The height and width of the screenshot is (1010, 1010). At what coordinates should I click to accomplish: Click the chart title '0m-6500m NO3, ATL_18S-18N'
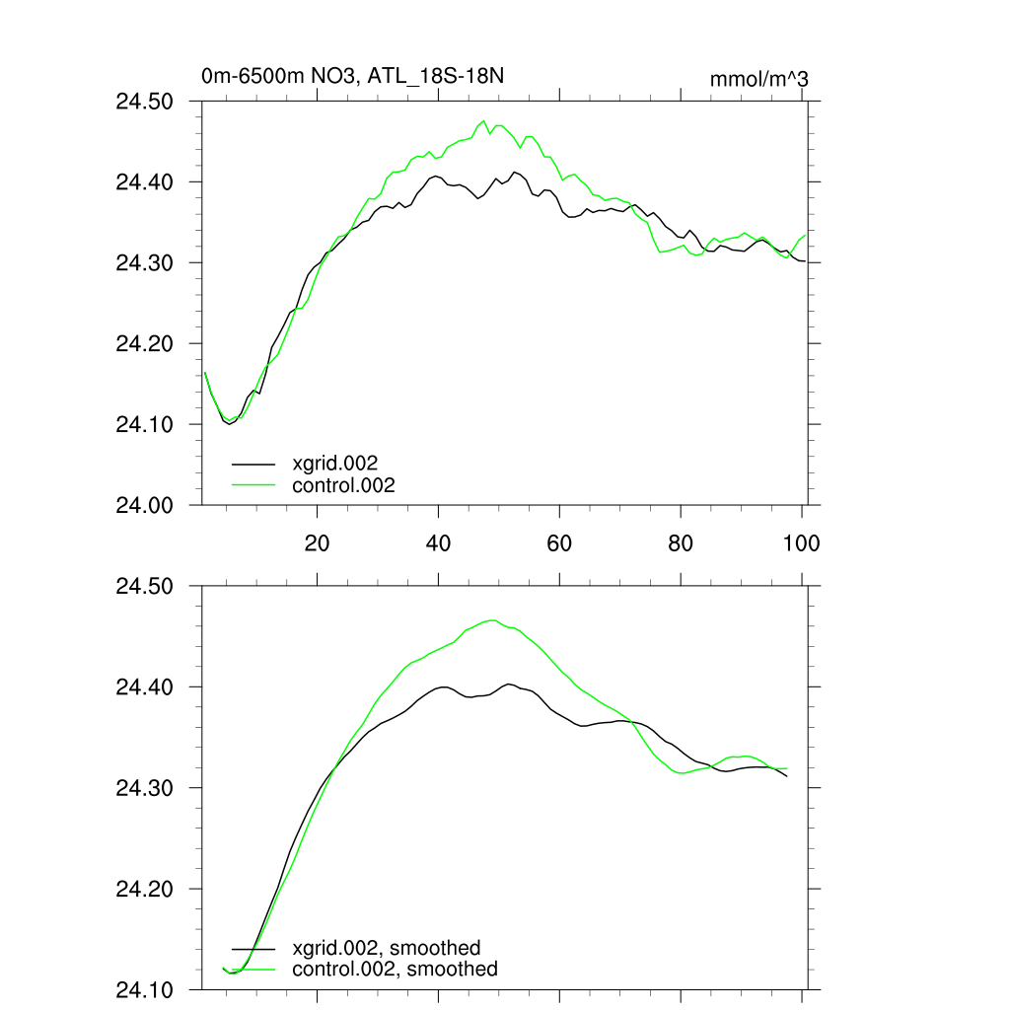click(x=354, y=76)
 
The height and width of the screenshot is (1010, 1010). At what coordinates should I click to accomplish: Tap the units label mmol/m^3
click(x=759, y=79)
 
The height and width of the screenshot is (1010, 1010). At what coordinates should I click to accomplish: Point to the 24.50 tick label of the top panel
click(x=146, y=102)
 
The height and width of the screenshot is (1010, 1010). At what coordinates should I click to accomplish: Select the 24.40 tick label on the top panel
click(x=146, y=182)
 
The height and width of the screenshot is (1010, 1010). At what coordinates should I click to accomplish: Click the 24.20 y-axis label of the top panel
click(x=146, y=344)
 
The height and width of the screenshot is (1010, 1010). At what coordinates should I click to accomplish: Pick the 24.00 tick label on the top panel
click(x=146, y=505)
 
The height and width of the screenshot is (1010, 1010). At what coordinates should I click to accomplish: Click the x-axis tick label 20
click(x=318, y=543)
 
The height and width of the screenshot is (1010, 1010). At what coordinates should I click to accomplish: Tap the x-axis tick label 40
click(x=439, y=543)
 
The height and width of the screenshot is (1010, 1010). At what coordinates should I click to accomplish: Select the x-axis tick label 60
click(x=559, y=543)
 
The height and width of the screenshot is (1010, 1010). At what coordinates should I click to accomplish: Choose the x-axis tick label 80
click(x=681, y=543)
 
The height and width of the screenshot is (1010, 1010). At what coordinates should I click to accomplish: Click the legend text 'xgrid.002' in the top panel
click(x=335, y=463)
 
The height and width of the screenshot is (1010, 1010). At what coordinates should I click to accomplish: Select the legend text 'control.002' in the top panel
click(x=344, y=485)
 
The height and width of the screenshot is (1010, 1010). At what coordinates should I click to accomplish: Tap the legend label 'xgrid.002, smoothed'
click(x=387, y=948)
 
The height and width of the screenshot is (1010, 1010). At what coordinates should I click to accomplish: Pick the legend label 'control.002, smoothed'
click(x=396, y=970)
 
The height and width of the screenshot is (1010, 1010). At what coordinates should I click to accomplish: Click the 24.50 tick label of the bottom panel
click(x=146, y=586)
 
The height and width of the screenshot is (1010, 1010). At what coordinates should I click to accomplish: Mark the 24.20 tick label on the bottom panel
click(x=146, y=889)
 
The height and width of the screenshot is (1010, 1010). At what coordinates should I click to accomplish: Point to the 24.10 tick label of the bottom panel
click(x=146, y=989)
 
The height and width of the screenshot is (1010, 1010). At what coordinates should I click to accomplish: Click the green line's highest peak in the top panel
click(x=483, y=121)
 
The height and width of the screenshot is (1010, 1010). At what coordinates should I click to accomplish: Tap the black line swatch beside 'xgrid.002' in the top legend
click(x=253, y=463)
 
